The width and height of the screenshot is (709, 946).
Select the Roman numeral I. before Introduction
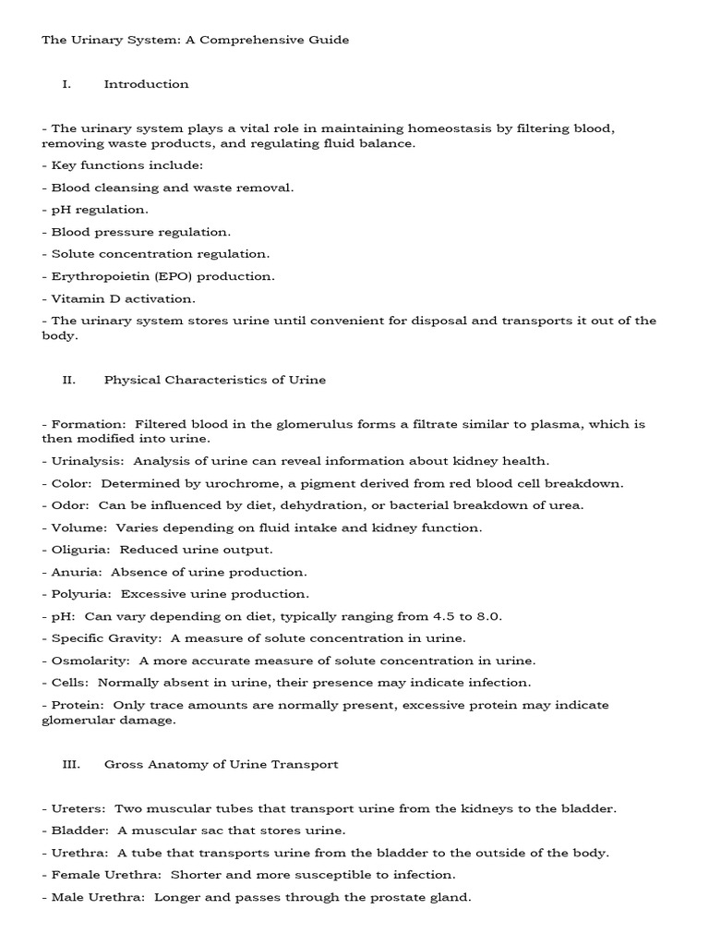(66, 84)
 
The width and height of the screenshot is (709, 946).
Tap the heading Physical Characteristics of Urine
(214, 380)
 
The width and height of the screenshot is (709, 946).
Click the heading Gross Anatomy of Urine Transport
(221, 764)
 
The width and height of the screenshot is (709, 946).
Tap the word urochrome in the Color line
(226, 483)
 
